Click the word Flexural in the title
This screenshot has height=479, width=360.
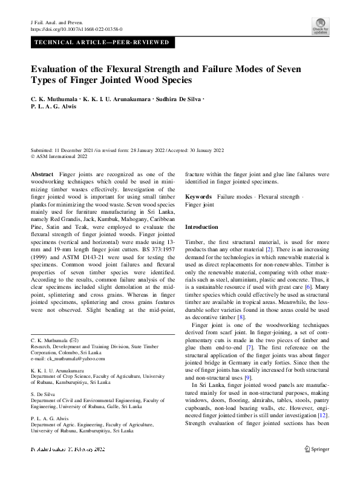pos(140,69)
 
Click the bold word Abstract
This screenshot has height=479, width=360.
pos(42,174)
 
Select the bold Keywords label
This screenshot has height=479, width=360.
pos(198,197)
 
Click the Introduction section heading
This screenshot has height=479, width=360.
pos(201,226)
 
